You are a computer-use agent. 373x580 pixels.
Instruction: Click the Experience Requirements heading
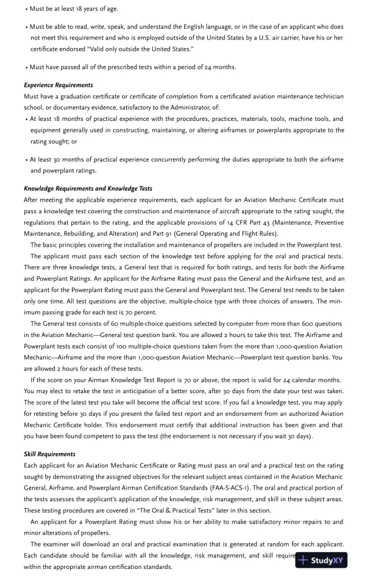coord(59,85)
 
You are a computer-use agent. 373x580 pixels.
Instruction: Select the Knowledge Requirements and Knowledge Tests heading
coord(88,189)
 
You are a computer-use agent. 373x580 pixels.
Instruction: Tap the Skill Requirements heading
coord(49,454)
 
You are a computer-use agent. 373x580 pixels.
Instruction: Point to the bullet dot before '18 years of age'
coord(26,9)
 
